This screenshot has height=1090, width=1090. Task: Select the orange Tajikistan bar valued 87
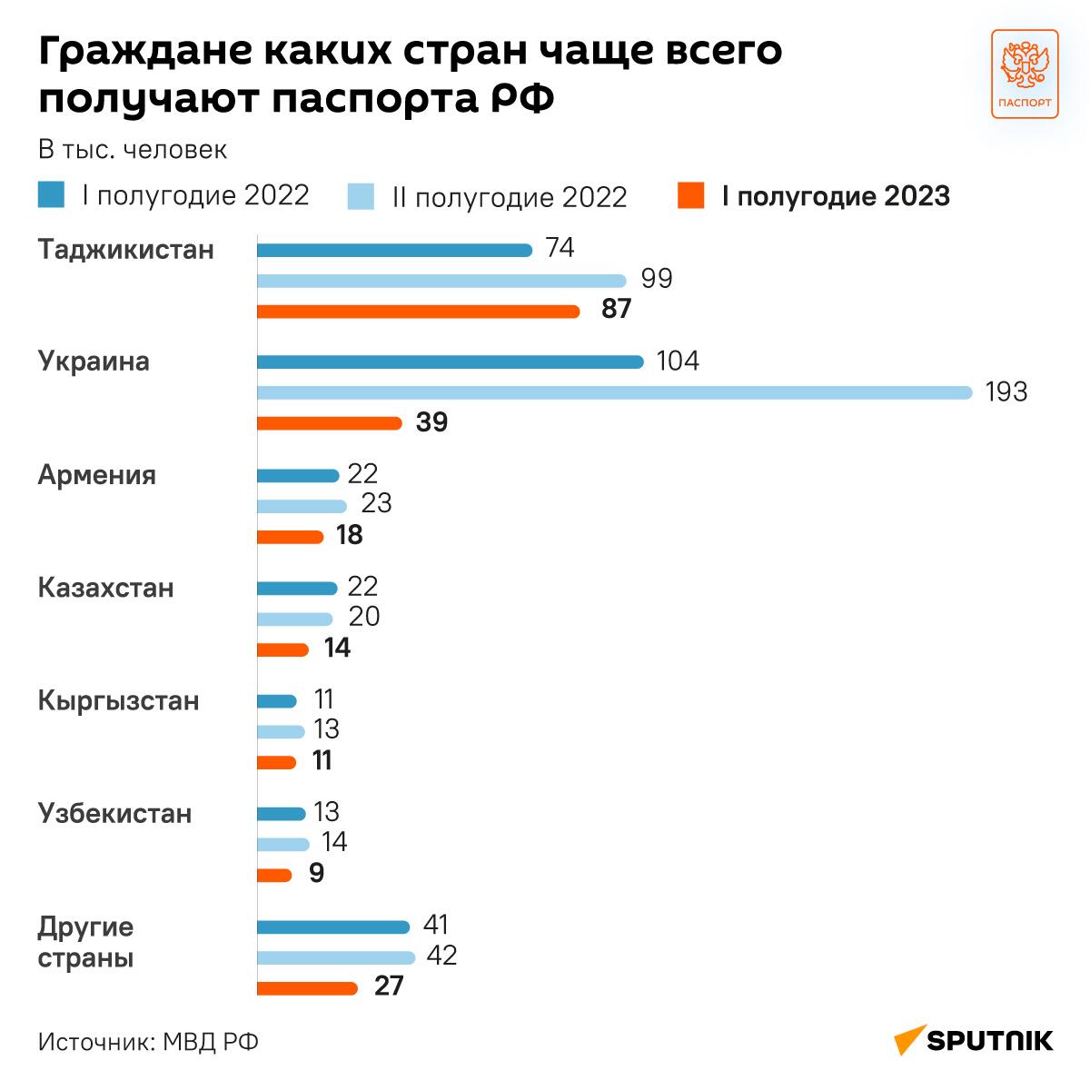[418, 312]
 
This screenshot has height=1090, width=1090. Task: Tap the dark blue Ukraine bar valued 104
[450, 362]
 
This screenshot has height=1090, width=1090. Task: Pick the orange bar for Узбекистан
[274, 876]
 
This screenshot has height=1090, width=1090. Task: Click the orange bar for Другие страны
[307, 988]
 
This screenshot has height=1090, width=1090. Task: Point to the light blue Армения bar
[302, 506]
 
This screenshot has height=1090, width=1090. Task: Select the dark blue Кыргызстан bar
[277, 701]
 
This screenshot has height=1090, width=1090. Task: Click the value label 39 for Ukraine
[431, 423]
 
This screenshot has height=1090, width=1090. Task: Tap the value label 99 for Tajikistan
[656, 279]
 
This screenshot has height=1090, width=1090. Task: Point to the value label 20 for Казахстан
[363, 618]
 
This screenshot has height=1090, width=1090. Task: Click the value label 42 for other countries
[441, 956]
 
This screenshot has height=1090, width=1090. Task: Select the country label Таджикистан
[126, 250]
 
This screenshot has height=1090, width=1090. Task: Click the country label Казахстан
[105, 588]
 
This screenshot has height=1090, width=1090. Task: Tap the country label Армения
[97, 475]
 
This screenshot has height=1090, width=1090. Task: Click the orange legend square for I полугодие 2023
[691, 195]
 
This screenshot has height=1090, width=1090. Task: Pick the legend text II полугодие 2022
[510, 197]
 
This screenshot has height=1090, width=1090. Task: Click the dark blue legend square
[51, 194]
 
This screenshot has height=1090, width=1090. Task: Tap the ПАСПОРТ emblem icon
[1024, 74]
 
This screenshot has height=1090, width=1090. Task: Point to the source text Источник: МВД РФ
[149, 1041]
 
